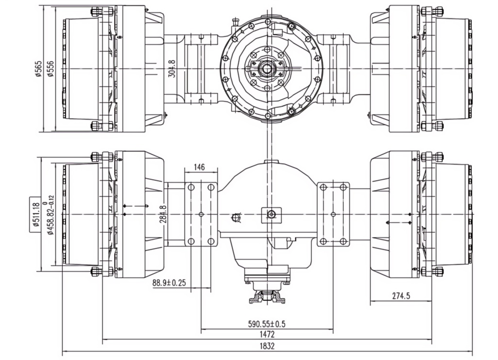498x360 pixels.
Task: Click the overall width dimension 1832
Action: pos(267,346)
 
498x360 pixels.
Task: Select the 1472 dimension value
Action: pos(267,334)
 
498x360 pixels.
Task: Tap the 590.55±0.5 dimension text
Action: pos(267,324)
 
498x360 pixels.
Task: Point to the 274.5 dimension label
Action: pos(401,296)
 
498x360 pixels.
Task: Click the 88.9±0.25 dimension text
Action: pos(169,283)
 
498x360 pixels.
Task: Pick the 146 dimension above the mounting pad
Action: pos(199,167)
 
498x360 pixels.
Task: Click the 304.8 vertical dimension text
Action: pos(173,68)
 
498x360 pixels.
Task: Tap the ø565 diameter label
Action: pos(38,69)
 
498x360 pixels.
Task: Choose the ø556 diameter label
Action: pos(50,69)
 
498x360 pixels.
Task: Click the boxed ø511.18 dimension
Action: pos(35,214)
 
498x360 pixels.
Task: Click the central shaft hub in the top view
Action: pos(266,69)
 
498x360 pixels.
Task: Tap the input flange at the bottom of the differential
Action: pos(267,296)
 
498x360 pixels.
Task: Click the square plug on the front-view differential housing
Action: pos(271,214)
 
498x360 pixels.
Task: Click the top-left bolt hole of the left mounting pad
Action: pos(191,187)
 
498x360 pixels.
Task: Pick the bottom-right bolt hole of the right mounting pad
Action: pos(343,241)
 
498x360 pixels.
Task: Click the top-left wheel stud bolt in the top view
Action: pos(96,12)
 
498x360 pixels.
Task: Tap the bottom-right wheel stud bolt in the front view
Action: pos(438,271)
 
